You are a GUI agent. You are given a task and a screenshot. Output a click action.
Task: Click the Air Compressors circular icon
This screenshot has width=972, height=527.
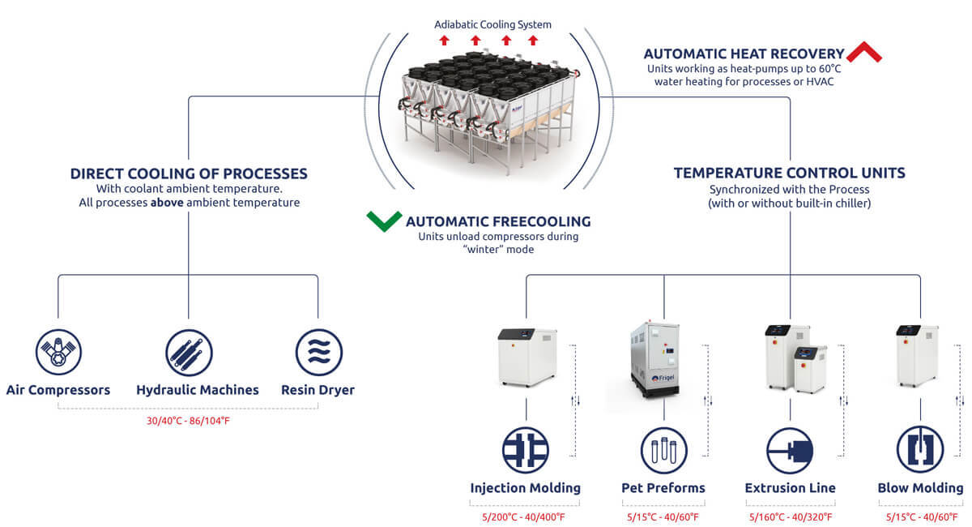coord(58,352)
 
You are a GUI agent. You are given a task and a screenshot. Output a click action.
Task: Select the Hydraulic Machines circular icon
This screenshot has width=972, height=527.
coord(189,352)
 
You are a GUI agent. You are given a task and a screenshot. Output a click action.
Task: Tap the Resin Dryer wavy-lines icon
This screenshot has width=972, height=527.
coord(318,352)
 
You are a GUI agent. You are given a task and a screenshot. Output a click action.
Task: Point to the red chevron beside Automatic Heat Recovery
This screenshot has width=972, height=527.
coord(864,54)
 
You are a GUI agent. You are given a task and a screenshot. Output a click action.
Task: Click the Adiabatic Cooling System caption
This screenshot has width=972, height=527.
coord(492,25)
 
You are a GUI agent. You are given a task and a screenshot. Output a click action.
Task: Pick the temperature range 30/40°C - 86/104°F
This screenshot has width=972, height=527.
coord(188,422)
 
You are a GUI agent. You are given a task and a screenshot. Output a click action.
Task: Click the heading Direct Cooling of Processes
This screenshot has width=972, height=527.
coord(189,174)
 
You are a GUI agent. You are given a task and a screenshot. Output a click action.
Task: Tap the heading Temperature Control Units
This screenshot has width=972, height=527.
coord(790,173)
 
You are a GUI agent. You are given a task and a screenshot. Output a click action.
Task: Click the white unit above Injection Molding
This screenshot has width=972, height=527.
coord(526,358)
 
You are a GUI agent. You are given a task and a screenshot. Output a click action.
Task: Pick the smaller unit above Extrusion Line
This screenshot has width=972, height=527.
coord(810,368)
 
